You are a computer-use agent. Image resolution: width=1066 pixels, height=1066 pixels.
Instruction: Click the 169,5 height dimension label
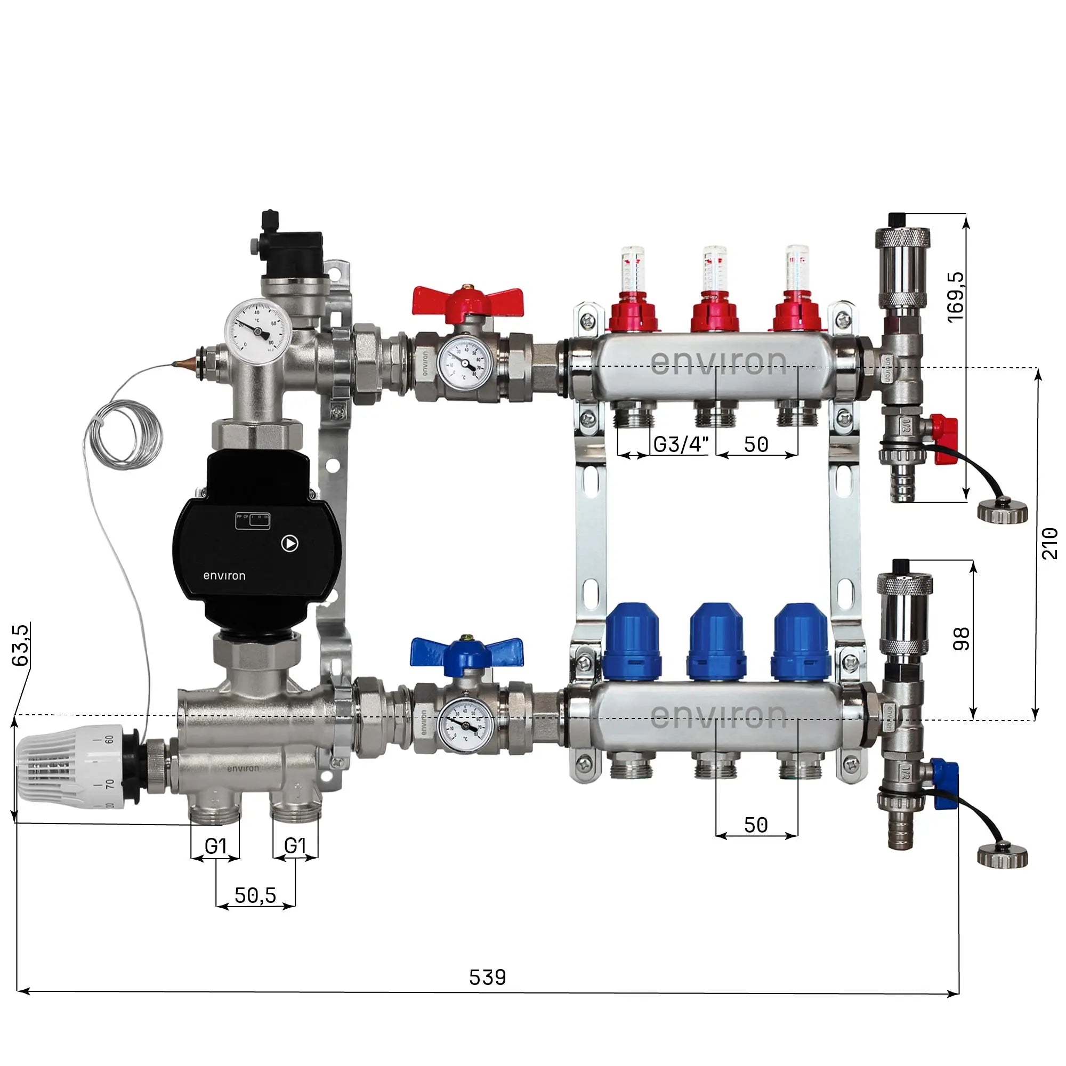[956, 296]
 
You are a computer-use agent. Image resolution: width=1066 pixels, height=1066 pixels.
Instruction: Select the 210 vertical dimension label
[1049, 544]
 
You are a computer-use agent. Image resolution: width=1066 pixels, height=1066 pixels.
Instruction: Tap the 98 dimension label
[960, 639]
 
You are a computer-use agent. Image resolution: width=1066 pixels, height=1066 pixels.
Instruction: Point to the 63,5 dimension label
[21, 644]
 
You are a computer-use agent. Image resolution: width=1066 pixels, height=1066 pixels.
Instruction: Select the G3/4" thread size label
[680, 444]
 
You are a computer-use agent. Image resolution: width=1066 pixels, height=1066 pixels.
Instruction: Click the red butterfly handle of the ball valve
[467, 301]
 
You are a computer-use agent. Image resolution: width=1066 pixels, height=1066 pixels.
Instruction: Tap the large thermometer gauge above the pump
[257, 331]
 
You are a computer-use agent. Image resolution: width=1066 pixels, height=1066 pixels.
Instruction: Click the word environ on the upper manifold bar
[718, 362]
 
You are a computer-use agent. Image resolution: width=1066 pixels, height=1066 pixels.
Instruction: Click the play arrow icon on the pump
[289, 544]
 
